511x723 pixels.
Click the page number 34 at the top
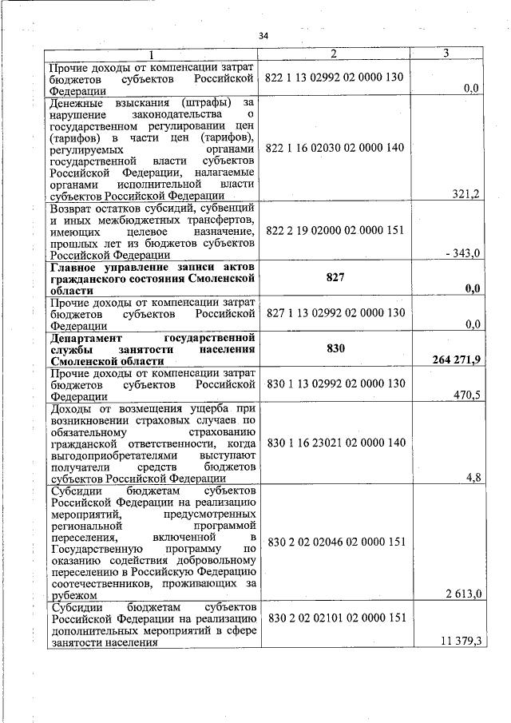[x=264, y=35]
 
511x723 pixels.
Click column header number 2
[x=334, y=54]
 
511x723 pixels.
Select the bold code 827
[x=335, y=278]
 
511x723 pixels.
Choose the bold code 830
[x=335, y=348]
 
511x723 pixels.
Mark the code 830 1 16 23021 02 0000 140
[x=335, y=442]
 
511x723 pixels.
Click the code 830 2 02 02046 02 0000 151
[x=335, y=542]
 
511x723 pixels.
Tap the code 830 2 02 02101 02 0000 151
[x=335, y=618]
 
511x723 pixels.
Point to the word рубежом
[x=73, y=594]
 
